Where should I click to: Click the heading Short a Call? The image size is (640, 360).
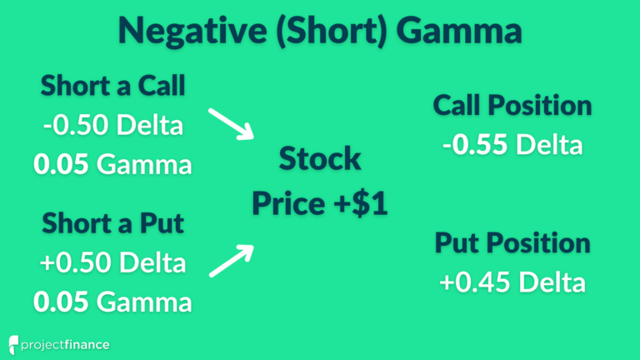point(112,86)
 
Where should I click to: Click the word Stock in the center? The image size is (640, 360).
point(320,157)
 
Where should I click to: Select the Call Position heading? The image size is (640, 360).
point(512,107)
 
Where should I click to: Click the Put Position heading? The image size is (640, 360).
point(512,243)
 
